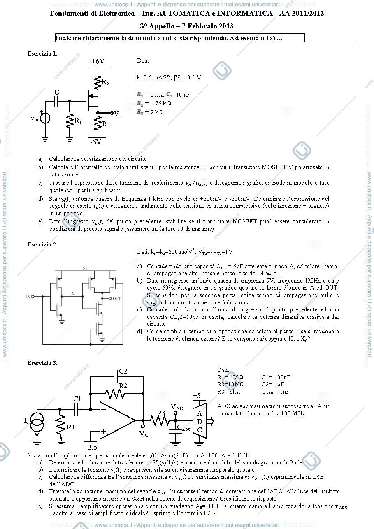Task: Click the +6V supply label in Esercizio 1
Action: [98, 61]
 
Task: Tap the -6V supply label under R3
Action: [96, 142]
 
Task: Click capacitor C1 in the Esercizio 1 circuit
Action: [56, 101]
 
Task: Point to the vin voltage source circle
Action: [45, 118]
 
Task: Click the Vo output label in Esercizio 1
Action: [118, 114]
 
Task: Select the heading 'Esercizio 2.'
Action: [42, 244]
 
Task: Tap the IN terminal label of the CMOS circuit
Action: [28, 297]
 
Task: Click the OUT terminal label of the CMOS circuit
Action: [117, 299]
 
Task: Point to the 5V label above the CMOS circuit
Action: [85, 268]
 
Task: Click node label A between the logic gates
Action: [72, 294]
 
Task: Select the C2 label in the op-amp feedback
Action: [123, 371]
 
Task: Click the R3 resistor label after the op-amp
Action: [160, 413]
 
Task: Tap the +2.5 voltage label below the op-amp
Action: [90, 447]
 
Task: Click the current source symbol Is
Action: [37, 422]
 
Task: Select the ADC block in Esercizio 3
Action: [200, 422]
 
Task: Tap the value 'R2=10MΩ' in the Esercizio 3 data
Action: [230, 384]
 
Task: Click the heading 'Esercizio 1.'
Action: [42, 53]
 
